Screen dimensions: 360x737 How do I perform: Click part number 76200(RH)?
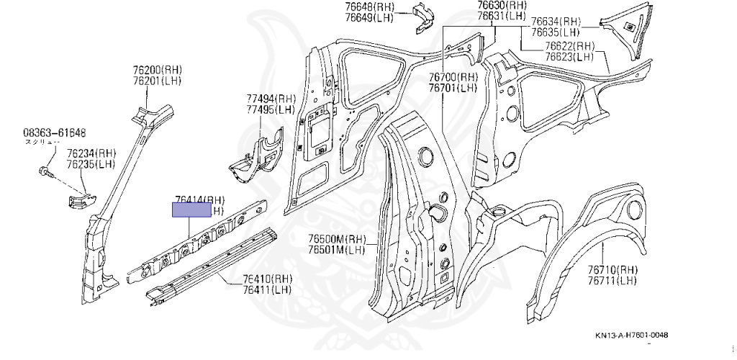click(x=157, y=69)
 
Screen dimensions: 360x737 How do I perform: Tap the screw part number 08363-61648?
click(x=54, y=132)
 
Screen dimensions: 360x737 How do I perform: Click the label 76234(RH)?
click(x=91, y=153)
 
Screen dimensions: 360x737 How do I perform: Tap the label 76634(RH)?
click(x=556, y=22)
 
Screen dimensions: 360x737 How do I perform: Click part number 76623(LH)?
click(x=569, y=57)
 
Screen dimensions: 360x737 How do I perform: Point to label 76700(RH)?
click(x=453, y=77)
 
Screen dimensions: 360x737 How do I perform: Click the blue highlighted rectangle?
click(x=191, y=210)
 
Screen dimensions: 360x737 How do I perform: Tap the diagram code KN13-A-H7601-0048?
click(x=636, y=335)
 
